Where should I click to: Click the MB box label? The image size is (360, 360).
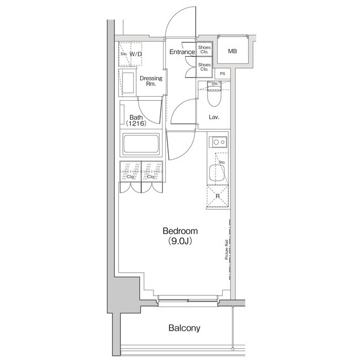[x=232, y=52]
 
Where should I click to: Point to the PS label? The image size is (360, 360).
[x=223, y=74]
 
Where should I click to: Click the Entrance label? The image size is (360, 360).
[x=181, y=52]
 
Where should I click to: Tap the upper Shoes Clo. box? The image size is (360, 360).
[x=204, y=50]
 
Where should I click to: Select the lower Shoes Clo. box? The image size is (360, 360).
[x=204, y=67]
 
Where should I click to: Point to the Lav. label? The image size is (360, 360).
[x=214, y=118]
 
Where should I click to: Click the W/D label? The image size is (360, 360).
[x=136, y=55]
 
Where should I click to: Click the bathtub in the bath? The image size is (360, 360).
[x=141, y=145]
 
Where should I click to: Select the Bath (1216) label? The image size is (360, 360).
[x=136, y=120]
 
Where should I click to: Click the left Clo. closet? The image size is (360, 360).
[x=130, y=172]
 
